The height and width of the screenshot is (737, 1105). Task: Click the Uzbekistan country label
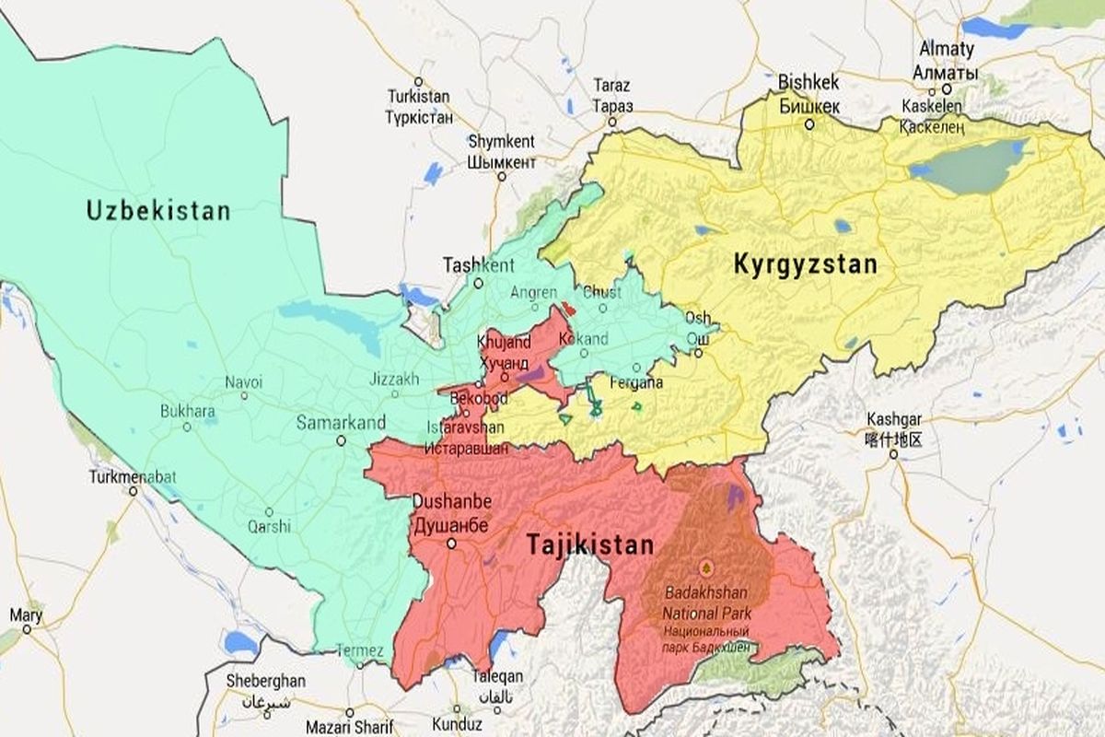click(158, 211)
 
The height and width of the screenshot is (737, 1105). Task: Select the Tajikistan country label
click(589, 544)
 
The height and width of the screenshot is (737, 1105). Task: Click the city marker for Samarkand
click(341, 441)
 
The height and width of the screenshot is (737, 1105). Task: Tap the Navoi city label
click(243, 381)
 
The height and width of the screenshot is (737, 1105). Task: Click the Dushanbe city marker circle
click(451, 544)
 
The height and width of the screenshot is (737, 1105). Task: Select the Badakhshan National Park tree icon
click(706, 566)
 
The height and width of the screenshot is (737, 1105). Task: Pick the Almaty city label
click(944, 48)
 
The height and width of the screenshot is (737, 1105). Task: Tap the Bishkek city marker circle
click(809, 123)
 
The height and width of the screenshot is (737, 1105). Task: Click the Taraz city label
click(612, 85)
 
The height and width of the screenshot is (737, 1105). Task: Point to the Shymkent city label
click(502, 141)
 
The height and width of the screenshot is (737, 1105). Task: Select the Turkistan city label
click(419, 96)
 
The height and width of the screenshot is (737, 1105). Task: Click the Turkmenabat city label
click(124, 477)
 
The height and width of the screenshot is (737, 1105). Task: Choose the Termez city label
click(359, 650)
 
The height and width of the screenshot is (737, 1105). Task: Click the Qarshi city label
click(269, 527)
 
